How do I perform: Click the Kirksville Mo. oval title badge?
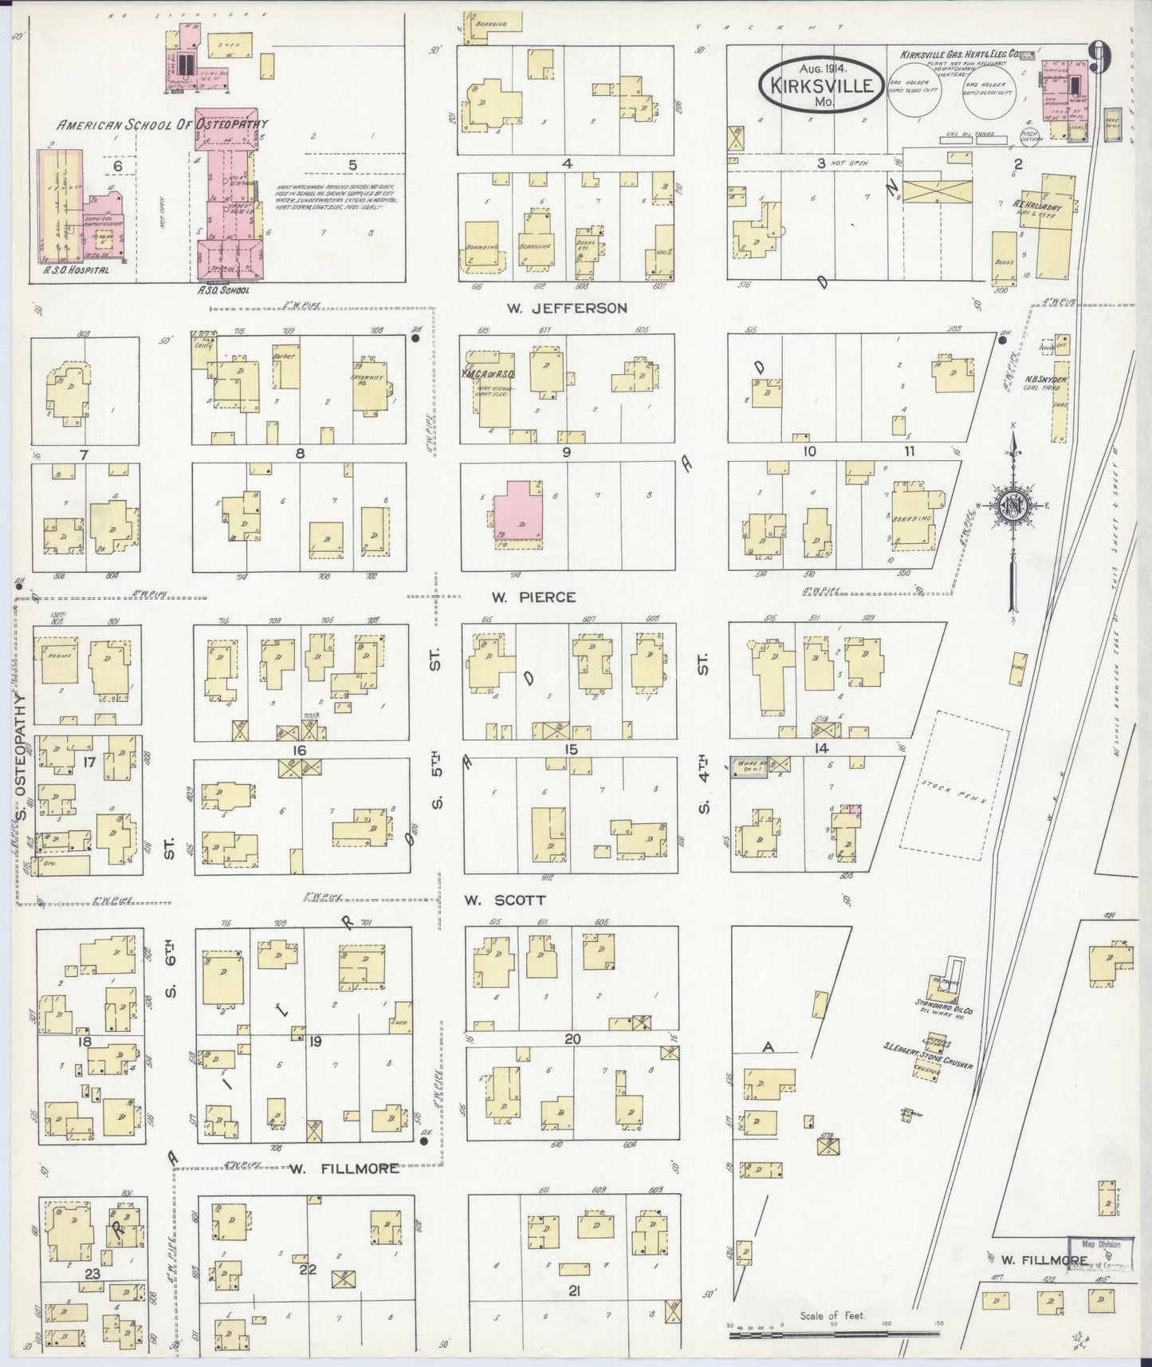[820, 84]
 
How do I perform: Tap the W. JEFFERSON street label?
[567, 307]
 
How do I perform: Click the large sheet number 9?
[1101, 57]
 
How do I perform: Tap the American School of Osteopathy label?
[162, 125]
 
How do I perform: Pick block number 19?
[315, 1041]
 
